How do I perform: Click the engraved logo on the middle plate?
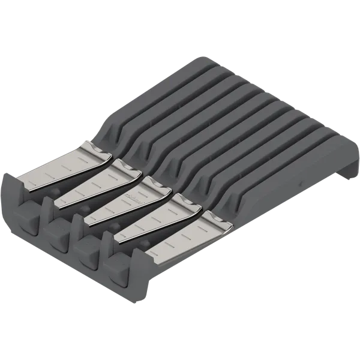(x=133, y=198)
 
